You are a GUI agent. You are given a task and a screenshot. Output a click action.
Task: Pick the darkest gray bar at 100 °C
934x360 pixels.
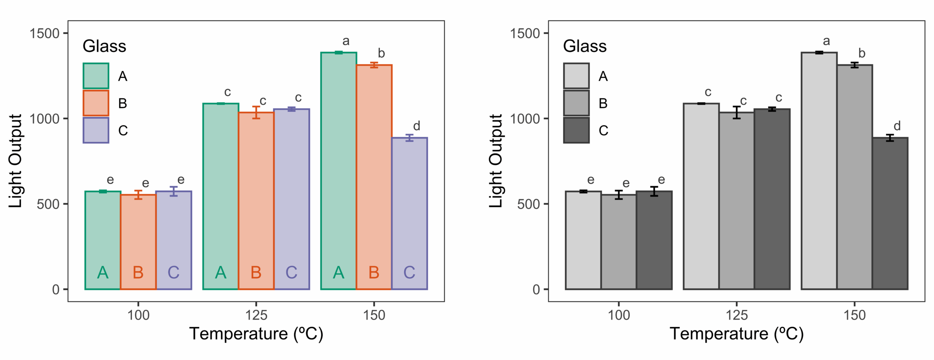pyautogui.click(x=654, y=241)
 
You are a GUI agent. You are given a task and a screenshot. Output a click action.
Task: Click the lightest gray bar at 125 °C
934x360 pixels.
pyautogui.click(x=701, y=197)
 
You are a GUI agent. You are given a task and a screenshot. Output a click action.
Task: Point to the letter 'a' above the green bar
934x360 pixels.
pyautogui.click(x=346, y=41)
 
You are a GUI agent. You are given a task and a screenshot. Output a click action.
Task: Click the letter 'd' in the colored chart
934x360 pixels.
pyautogui.click(x=417, y=126)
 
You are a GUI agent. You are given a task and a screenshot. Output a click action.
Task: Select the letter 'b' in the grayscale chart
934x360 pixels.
pyautogui.click(x=862, y=53)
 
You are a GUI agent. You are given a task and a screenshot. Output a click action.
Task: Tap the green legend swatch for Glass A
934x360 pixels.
pyautogui.click(x=96, y=76)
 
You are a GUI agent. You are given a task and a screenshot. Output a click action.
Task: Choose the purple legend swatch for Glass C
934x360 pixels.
pyautogui.click(x=96, y=130)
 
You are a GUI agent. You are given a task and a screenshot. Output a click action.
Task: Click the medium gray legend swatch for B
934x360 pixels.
pyautogui.click(x=576, y=103)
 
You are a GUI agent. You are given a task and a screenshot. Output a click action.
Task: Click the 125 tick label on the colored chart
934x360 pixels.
pyautogui.click(x=256, y=315)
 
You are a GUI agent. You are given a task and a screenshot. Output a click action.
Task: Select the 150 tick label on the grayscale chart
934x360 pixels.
pyautogui.click(x=854, y=315)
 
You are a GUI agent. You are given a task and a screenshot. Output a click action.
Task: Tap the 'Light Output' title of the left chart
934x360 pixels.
pyautogui.click(x=15, y=161)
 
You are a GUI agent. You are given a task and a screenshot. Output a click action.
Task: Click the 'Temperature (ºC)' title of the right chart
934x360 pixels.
pyautogui.click(x=736, y=334)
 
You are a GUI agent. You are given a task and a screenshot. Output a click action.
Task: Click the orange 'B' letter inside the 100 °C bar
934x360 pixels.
pyautogui.click(x=138, y=272)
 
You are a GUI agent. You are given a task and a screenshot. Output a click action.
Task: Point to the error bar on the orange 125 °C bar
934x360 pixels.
pyautogui.click(x=256, y=112)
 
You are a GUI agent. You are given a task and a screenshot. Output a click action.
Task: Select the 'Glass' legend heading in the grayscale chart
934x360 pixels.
pyautogui.click(x=584, y=46)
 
